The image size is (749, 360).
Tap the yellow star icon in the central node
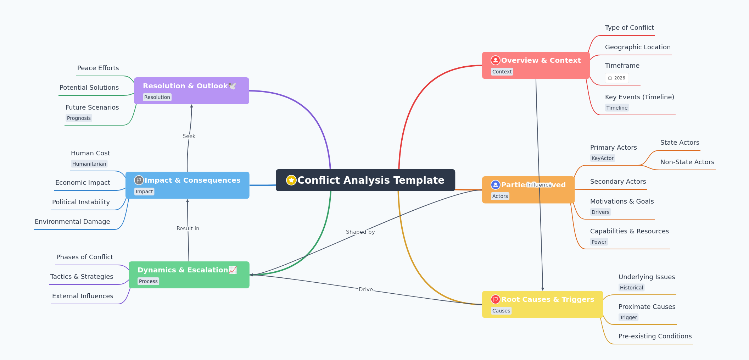[x=291, y=180]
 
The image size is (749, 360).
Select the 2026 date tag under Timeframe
[x=617, y=78]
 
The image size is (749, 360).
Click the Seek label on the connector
[x=189, y=136]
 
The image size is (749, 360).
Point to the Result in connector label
[x=188, y=228]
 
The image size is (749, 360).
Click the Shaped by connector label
[x=360, y=232]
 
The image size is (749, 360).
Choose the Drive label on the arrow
[x=366, y=289]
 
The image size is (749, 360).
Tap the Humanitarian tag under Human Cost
[x=89, y=164]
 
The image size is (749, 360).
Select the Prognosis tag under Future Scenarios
[x=79, y=118]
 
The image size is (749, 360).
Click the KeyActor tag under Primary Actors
[x=602, y=158]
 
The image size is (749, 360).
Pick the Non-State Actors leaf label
[x=687, y=162]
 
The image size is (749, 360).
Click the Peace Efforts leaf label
[x=98, y=68]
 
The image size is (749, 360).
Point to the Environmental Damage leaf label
[x=72, y=222]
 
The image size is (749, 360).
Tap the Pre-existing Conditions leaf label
[x=655, y=336]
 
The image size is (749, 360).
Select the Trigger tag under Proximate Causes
[x=628, y=317]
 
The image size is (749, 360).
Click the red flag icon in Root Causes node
[x=495, y=299]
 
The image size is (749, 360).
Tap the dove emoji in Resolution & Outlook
[x=233, y=86]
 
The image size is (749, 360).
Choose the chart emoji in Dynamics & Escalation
[x=233, y=270]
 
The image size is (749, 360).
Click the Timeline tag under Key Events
[x=617, y=108]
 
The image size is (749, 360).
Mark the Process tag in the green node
[x=148, y=281]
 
